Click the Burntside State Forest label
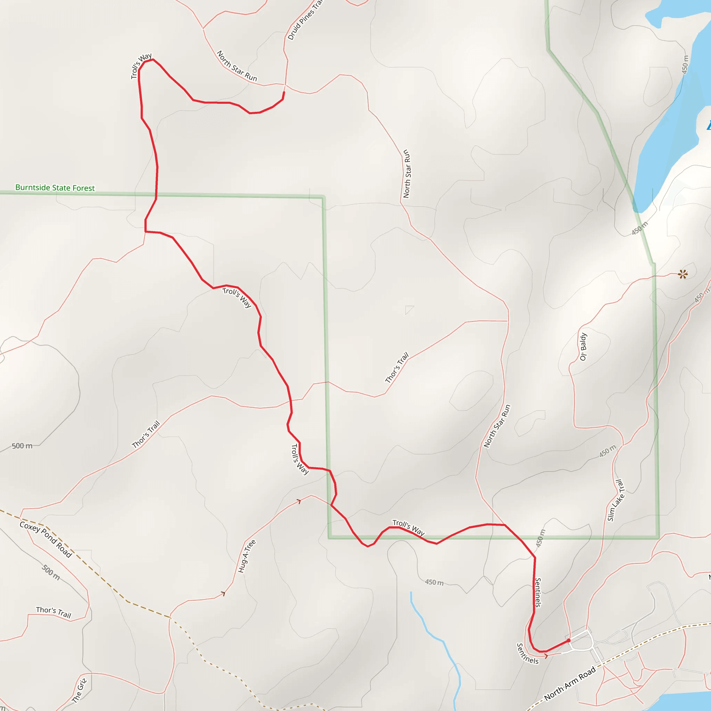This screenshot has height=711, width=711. click(55, 188)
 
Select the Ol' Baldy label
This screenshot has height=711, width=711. click(583, 347)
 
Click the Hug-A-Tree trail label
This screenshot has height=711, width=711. click(246, 556)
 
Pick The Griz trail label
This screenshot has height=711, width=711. click(79, 691)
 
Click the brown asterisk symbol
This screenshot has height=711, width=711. click(683, 274)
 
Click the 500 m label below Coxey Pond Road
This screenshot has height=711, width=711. click(51, 572)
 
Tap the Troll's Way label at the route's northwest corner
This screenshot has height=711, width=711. click(141, 66)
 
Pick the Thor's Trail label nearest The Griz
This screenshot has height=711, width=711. click(53, 612)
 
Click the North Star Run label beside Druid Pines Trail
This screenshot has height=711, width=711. click(237, 66)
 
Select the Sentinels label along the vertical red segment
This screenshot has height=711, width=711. click(538, 593)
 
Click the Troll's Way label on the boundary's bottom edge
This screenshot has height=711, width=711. click(409, 528)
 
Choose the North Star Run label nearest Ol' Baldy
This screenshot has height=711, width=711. click(497, 426)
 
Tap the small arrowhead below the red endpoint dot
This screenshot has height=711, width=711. click(546, 656)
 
